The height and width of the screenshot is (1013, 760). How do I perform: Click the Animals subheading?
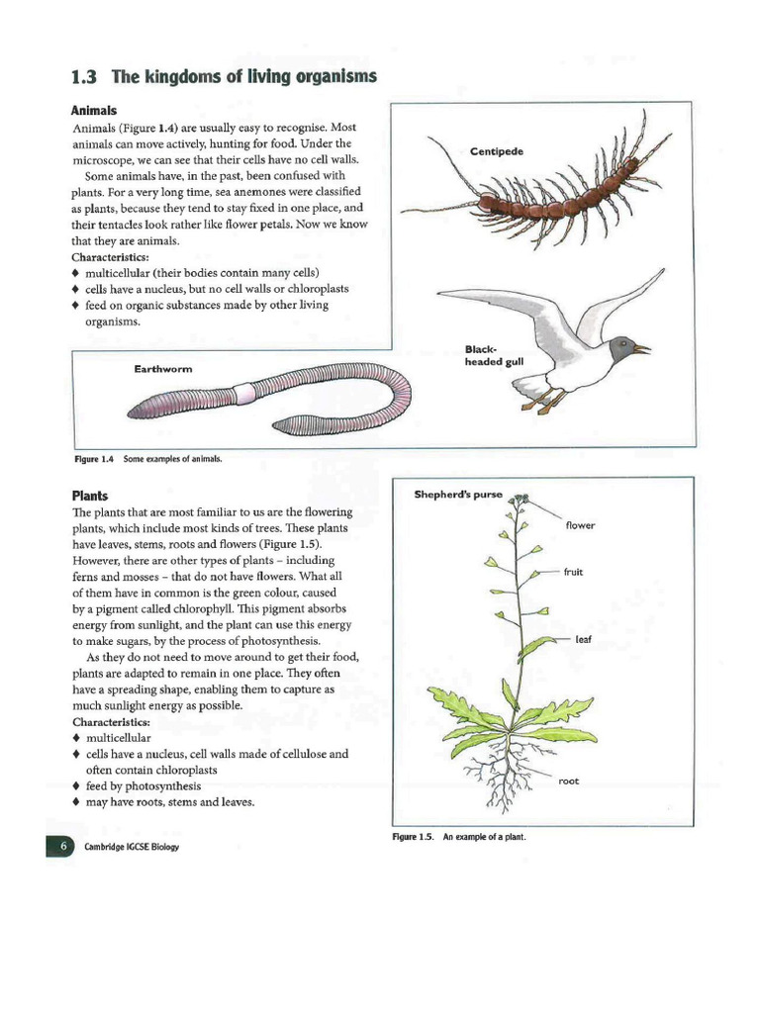coord(94,111)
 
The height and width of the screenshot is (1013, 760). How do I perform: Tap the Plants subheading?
coord(89,495)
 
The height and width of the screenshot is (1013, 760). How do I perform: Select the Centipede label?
coord(497,151)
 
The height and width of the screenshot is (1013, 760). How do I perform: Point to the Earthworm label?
coord(163,369)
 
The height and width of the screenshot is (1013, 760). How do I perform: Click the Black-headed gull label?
coord(493,355)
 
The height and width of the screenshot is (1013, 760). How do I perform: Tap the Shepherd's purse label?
coord(458,495)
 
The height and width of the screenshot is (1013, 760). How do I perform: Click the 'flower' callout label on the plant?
coord(580,525)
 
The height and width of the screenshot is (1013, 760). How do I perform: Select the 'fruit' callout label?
coord(574,572)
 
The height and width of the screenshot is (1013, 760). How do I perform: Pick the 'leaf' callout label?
coord(583,639)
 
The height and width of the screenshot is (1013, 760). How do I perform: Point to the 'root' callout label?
coord(569,781)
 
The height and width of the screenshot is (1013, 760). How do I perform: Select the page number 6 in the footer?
coord(61,847)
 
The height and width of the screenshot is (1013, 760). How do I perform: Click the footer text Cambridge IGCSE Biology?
coord(125,848)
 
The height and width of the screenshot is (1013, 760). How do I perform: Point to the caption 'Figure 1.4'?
coord(95,459)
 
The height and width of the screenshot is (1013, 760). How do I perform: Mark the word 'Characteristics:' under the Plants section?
coord(111,721)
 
